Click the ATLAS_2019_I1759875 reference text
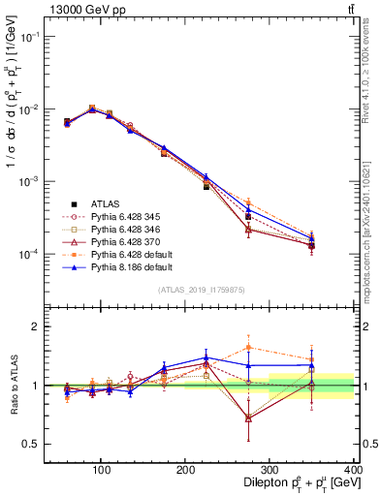click(202, 290)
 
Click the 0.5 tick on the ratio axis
click(32, 444)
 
